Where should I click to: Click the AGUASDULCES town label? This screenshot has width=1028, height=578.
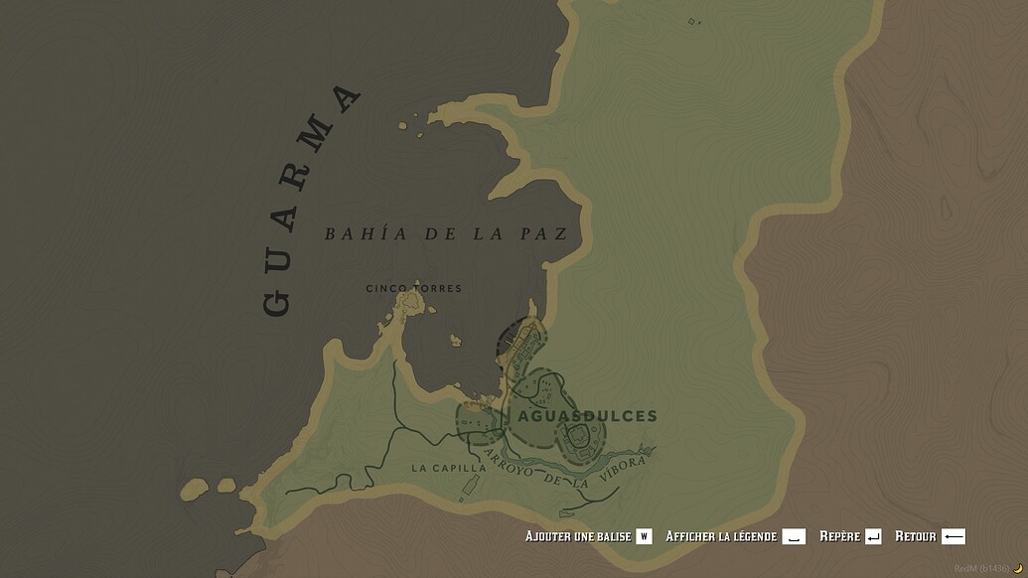[583, 416]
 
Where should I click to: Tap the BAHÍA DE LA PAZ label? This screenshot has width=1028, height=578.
[446, 234]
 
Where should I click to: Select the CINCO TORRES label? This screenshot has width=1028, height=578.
[413, 289]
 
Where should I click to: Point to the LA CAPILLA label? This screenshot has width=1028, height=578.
[448, 468]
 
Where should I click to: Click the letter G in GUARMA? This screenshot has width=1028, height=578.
[277, 302]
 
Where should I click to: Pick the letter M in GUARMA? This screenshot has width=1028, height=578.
[317, 138]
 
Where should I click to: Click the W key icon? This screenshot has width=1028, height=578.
[644, 536]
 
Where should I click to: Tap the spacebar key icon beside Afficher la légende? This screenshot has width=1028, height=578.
[794, 536]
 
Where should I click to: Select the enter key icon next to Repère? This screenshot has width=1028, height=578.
[873, 536]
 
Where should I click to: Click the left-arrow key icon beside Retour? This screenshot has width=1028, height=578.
[953, 536]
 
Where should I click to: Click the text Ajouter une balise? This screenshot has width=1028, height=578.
[578, 536]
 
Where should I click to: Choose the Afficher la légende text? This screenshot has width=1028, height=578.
[721, 536]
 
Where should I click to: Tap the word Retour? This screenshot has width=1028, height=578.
[915, 536]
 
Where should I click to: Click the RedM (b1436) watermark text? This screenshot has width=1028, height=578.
[980, 569]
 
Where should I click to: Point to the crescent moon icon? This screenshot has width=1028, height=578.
[1017, 569]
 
